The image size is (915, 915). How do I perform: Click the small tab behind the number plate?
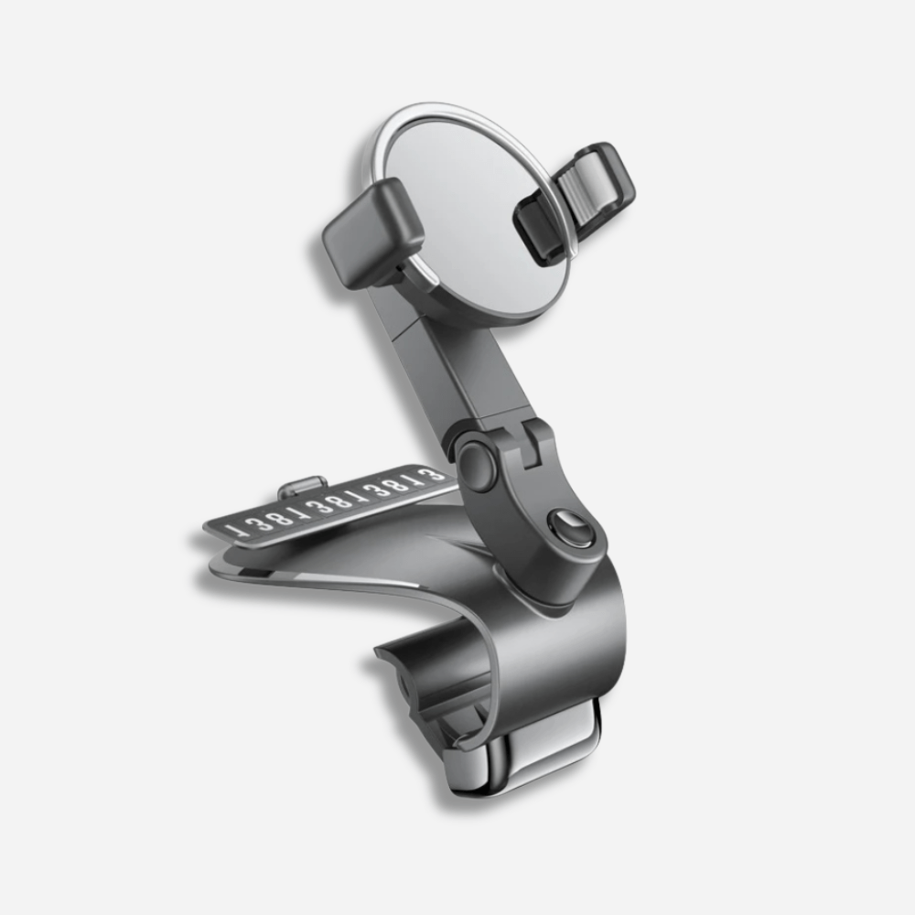point(301,482)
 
